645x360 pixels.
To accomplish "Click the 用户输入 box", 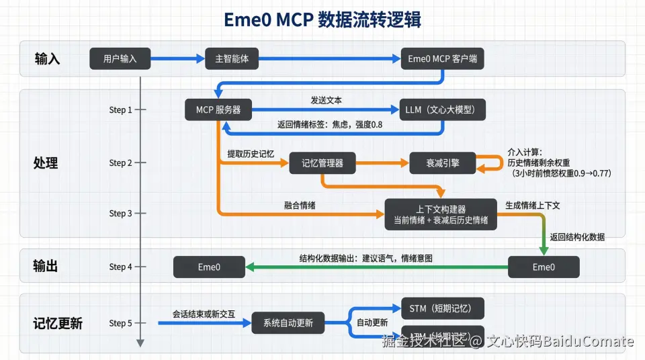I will [120, 58].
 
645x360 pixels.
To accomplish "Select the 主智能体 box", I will [232, 58].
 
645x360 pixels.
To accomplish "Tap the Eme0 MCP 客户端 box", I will [442, 58].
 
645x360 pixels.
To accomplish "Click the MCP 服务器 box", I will [218, 109].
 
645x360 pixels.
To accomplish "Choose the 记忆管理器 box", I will [322, 163].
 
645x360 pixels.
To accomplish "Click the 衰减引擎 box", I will [443, 163].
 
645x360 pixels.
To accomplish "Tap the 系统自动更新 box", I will [287, 323].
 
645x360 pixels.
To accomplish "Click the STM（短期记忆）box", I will [442, 309].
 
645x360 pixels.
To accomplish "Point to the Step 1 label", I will [121, 109].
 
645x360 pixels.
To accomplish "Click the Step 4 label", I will [121, 267].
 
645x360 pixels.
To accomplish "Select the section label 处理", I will [46, 163].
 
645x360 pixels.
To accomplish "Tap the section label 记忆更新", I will [58, 323].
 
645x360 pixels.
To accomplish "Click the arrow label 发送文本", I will [326, 99].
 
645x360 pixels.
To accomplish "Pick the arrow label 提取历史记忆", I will [251, 154].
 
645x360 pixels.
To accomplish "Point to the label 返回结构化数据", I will [577, 237].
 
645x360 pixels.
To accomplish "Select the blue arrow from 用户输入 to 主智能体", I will [177, 58].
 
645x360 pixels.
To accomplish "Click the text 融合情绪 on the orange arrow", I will [300, 206].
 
